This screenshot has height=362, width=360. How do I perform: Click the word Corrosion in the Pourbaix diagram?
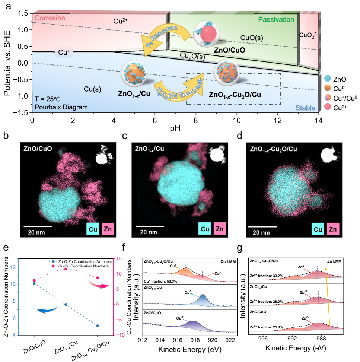pos(50,18)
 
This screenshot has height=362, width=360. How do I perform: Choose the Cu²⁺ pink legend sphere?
pos(326,108)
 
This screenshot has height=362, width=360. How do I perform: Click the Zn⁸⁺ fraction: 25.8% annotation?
pos(267,327)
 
